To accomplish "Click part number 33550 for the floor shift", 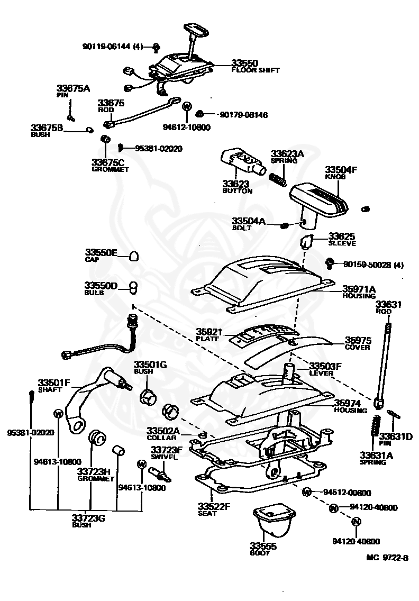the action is pyautogui.click(x=244, y=63).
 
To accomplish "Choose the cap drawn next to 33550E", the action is pyautogui.click(x=134, y=256).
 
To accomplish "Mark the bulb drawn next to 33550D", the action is pyautogui.click(x=133, y=287).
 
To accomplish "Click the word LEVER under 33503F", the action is pyautogui.click(x=321, y=373).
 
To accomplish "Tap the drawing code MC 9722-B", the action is pyautogui.click(x=387, y=558).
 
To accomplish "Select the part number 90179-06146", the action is pyautogui.click(x=243, y=115).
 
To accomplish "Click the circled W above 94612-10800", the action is pyautogui.click(x=187, y=106).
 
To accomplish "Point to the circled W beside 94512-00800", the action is pyautogui.click(x=306, y=492).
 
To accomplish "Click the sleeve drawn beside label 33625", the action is pyautogui.click(x=306, y=242).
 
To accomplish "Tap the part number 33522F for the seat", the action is pyautogui.click(x=214, y=506).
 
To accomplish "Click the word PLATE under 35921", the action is pyautogui.click(x=207, y=339).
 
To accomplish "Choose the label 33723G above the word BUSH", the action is pyautogui.click(x=88, y=518).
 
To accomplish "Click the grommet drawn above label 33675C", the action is pyautogui.click(x=105, y=138).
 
